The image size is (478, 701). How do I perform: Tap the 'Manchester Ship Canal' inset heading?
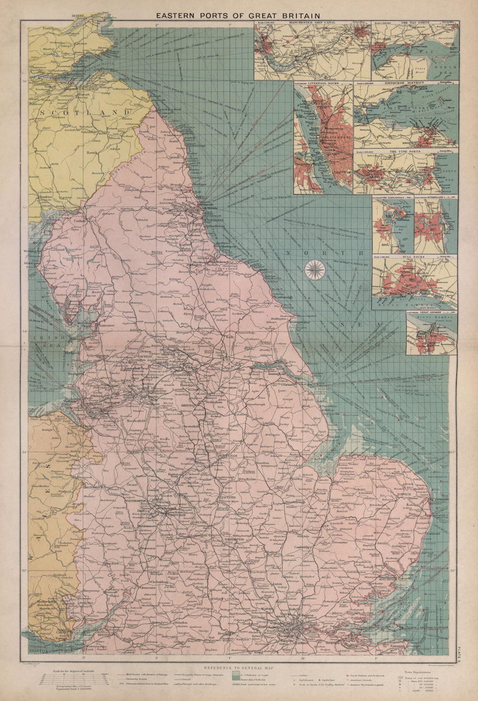(313, 22)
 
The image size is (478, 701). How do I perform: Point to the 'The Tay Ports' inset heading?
(414, 22)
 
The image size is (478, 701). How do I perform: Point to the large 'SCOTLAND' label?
(86, 112)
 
